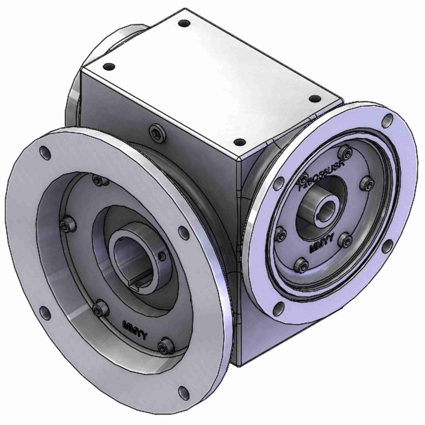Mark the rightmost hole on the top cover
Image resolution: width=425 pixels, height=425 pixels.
click(313, 99)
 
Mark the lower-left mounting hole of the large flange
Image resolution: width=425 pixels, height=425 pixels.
click(44, 312)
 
